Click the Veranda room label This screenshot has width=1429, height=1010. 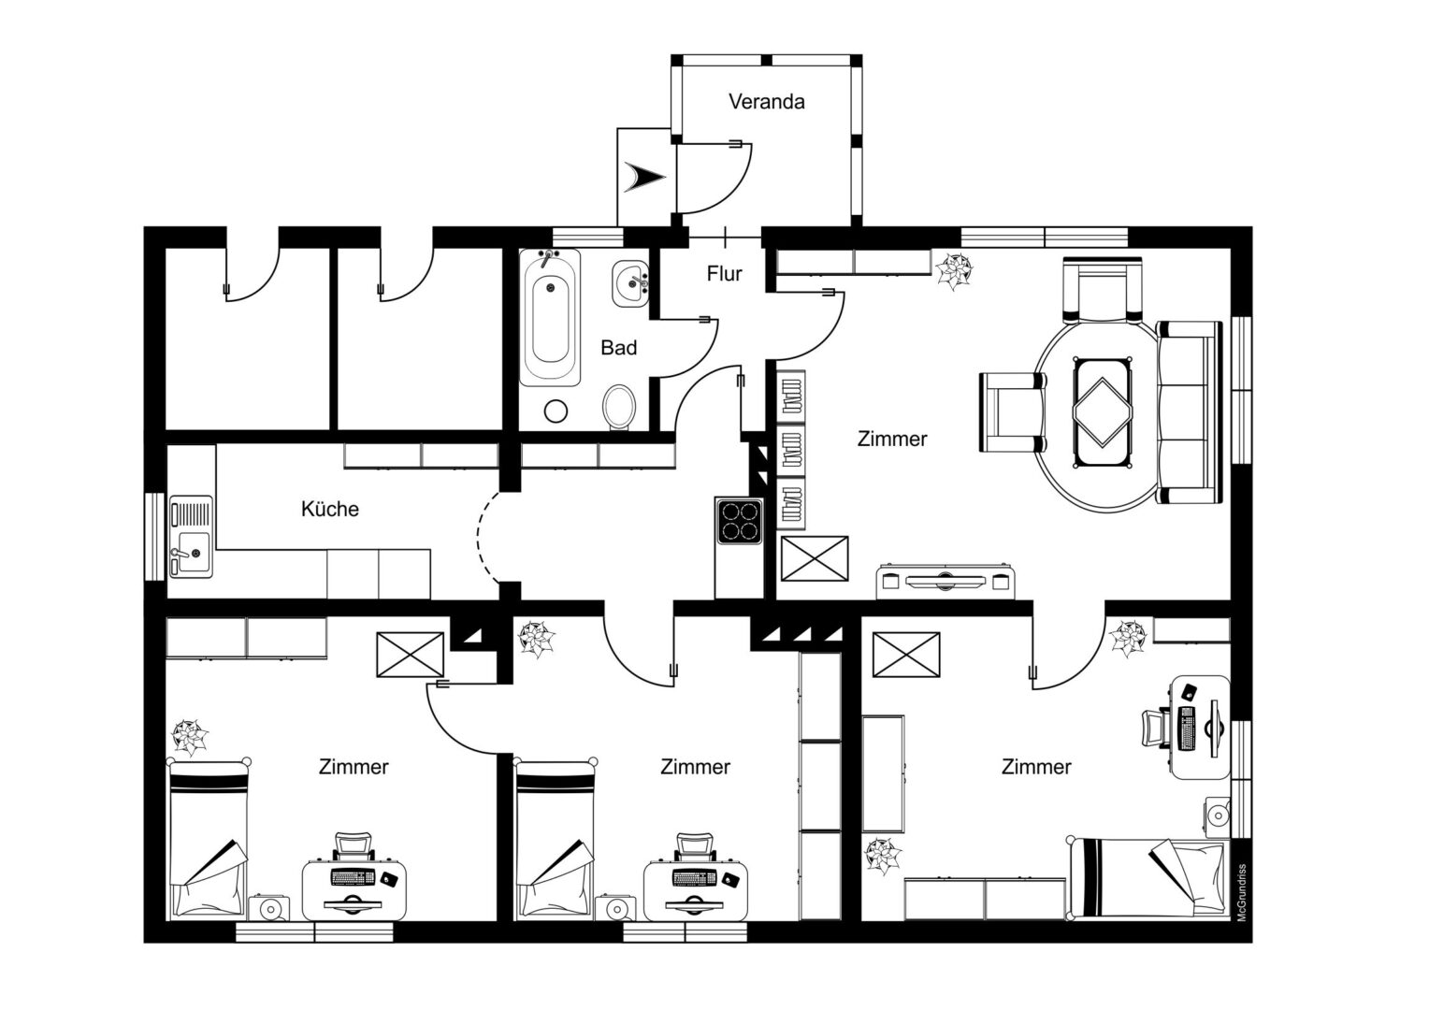click(766, 101)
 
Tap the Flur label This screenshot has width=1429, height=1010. click(724, 274)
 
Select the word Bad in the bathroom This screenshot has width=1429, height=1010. click(618, 348)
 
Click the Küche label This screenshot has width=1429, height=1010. click(330, 509)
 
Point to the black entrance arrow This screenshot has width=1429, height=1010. click(644, 177)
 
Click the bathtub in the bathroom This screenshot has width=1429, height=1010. click(550, 317)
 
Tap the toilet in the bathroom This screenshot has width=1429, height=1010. click(619, 407)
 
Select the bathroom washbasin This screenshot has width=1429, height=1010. click(631, 283)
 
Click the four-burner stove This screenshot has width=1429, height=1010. click(739, 521)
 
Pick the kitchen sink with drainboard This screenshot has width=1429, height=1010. click(192, 537)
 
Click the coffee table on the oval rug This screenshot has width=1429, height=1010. click(1103, 412)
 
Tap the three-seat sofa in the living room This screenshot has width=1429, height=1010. click(1190, 412)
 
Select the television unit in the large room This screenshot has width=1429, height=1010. click(945, 582)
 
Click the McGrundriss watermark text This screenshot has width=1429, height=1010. click(1241, 892)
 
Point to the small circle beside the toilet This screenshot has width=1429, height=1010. click(556, 411)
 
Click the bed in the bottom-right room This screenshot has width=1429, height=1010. click(1148, 879)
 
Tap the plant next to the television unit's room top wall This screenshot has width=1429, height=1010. click(954, 270)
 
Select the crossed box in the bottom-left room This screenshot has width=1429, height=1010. click(410, 655)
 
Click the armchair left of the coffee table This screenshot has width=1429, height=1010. click(1013, 412)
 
